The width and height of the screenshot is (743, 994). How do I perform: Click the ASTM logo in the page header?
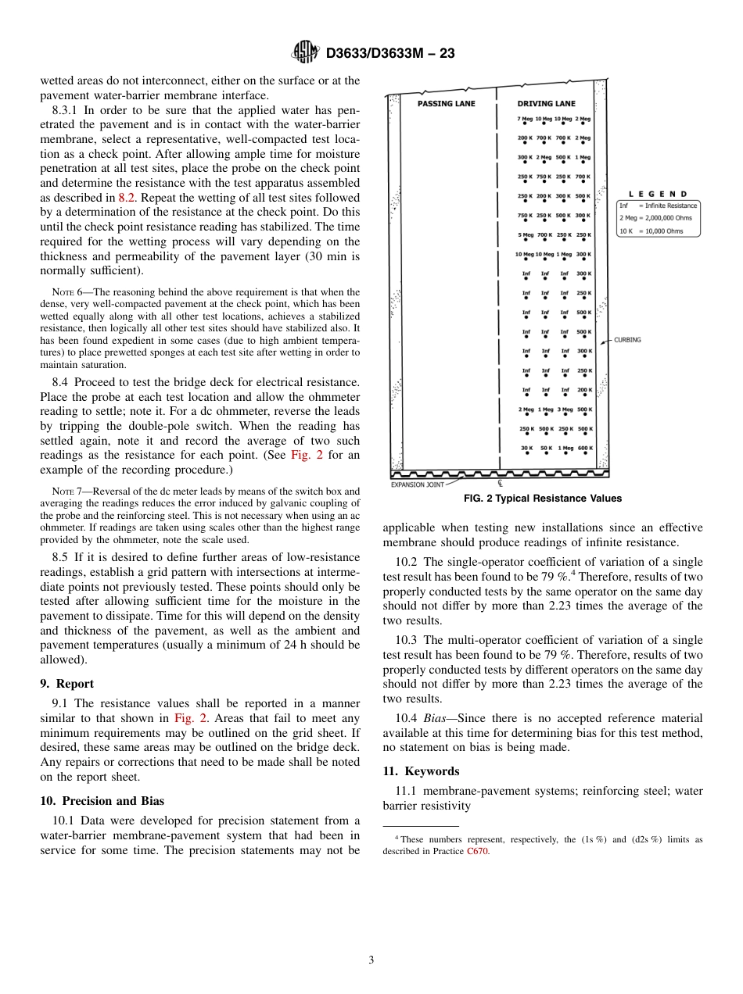(x=305, y=52)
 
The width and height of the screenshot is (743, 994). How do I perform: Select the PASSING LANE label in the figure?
(x=446, y=103)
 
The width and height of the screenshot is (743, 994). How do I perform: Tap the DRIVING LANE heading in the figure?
(x=546, y=103)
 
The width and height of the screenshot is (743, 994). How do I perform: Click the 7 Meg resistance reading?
(x=525, y=119)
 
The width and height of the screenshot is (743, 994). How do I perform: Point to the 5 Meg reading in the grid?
(x=525, y=234)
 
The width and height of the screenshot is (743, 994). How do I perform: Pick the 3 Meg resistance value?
(x=564, y=409)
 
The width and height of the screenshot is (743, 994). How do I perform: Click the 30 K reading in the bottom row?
(x=526, y=448)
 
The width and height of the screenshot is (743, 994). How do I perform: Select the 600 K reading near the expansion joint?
(x=583, y=448)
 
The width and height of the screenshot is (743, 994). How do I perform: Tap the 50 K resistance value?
(x=545, y=448)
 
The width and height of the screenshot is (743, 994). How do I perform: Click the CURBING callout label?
(x=628, y=340)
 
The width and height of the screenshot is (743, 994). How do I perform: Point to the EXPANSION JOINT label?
(x=417, y=484)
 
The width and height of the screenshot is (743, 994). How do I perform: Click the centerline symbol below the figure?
(x=500, y=484)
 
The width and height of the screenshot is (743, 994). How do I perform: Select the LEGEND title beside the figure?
(x=658, y=194)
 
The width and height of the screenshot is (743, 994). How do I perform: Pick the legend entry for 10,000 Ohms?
(x=651, y=231)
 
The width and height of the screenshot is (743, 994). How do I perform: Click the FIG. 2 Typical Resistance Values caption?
(x=543, y=499)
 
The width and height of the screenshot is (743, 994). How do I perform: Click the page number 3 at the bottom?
(x=371, y=960)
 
